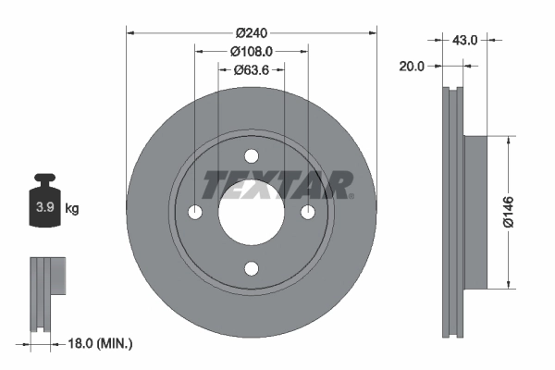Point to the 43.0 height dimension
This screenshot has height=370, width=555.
[x=464, y=40]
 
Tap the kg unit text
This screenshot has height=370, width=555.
[x=72, y=208]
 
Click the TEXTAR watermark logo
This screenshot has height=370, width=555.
[x=277, y=184]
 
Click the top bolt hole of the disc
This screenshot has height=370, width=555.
[x=252, y=156]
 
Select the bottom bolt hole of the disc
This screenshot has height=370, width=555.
[x=252, y=268]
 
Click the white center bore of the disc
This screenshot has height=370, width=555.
[x=252, y=214]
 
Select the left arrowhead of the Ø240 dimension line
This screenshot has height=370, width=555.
[x=130, y=32]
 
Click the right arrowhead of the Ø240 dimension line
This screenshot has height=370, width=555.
[x=373, y=32]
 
